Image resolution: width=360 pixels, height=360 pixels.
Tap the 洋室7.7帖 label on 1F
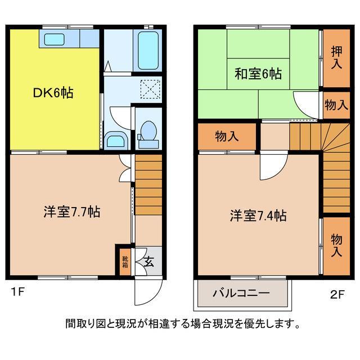[x=73, y=212]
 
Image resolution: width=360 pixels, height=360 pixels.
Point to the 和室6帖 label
[x=258, y=73]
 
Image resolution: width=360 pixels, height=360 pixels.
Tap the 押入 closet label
[x=336, y=57]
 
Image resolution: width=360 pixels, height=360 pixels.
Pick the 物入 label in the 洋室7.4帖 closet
[x=336, y=245]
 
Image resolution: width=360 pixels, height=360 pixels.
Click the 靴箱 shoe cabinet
[x=124, y=262]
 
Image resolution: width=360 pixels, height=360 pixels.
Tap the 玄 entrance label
[x=148, y=261]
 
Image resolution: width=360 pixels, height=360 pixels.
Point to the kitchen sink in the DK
[x=55, y=39]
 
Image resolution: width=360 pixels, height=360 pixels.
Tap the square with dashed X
[x=150, y=88]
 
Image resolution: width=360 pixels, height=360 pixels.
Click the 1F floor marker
[x=16, y=292]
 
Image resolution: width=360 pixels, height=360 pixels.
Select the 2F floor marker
[x=336, y=292]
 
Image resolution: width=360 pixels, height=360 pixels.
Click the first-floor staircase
[x=148, y=183]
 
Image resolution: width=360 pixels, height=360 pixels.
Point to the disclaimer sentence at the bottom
[x=181, y=324]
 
